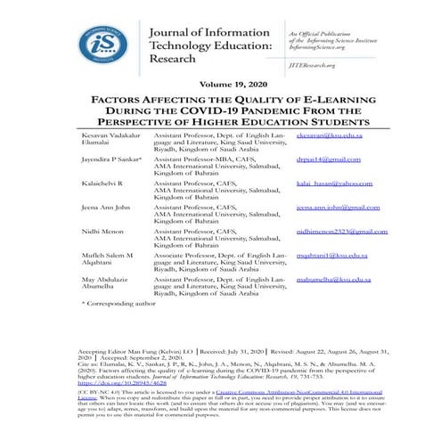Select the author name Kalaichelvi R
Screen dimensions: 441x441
point(101,182)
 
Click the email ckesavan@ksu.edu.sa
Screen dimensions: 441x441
point(330,135)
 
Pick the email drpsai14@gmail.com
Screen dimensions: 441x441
point(329,159)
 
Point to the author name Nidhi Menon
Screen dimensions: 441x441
point(100,231)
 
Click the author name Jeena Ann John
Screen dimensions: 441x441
point(105,206)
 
